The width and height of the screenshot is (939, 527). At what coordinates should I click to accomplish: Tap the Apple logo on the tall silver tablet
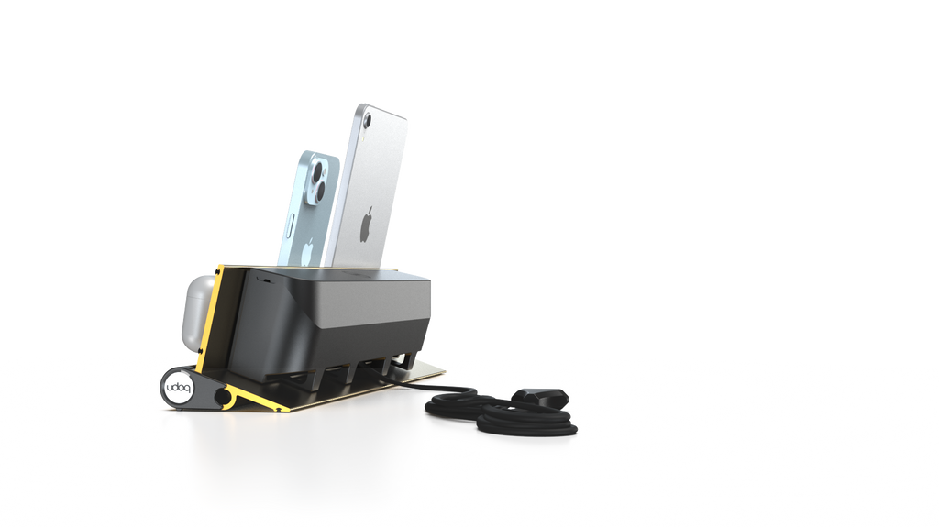pos(366,223)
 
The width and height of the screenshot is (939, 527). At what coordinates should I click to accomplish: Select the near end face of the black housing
pos(261,325)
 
